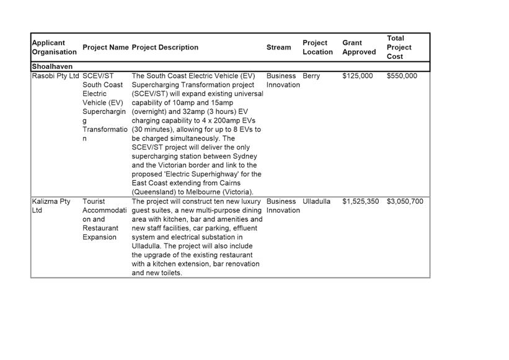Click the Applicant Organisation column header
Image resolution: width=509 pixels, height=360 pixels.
coord(55,47)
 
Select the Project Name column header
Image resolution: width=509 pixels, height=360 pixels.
coord(105,47)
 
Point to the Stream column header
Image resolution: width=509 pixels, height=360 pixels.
coord(278,47)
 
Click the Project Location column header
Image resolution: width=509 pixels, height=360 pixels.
coord(317,47)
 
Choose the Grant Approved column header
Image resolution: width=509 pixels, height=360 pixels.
coord(359,47)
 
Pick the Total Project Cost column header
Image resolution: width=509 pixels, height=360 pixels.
coord(399,47)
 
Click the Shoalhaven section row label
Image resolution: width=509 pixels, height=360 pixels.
coord(52,66)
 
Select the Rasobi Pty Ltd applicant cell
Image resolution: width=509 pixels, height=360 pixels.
coord(56,76)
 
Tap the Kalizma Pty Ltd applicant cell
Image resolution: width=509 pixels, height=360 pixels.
coord(51,206)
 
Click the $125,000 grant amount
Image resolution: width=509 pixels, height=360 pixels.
coord(358,76)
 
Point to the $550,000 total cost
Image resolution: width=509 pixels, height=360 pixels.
coord(402,76)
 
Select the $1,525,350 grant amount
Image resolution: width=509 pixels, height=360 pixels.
coord(360,201)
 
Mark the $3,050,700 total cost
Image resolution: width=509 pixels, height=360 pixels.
coord(405,201)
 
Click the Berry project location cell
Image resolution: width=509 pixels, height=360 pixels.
coord(311,76)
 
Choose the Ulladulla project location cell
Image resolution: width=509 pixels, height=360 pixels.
coord(316,201)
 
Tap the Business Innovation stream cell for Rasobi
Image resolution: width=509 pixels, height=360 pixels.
coord(283,81)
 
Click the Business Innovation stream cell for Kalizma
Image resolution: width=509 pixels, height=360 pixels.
coord(283,206)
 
